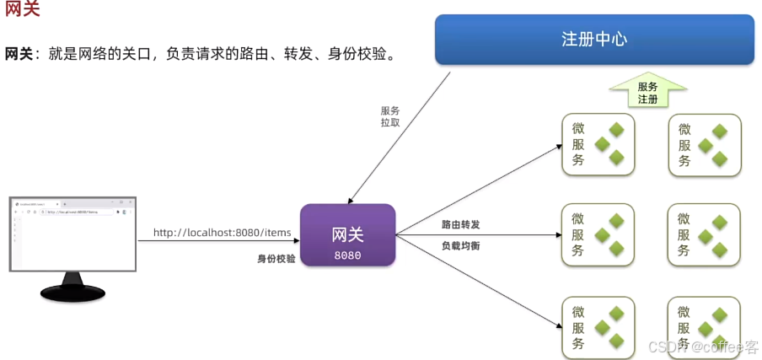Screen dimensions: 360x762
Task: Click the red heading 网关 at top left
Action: (x=22, y=11)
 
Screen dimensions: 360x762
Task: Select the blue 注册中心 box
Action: (x=594, y=39)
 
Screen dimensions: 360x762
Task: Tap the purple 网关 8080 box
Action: (x=347, y=235)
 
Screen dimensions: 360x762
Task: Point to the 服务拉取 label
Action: (x=389, y=116)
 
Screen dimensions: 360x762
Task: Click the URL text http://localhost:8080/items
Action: (x=222, y=233)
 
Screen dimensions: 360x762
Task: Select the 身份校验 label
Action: (x=276, y=259)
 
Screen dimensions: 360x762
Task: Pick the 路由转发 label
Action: (x=460, y=225)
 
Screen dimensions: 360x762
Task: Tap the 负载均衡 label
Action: (x=460, y=245)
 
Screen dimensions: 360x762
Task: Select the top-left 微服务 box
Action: (x=598, y=144)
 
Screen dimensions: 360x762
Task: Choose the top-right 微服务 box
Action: (x=704, y=144)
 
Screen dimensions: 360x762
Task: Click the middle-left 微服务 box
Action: (x=598, y=235)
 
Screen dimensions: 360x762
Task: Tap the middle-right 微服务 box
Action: (x=704, y=235)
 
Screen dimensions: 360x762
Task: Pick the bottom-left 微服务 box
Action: (x=598, y=328)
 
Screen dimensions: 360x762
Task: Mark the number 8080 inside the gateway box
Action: (x=347, y=254)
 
